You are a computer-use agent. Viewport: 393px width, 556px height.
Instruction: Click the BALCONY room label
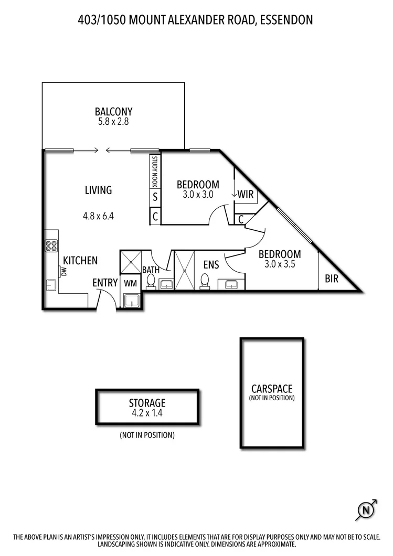113,112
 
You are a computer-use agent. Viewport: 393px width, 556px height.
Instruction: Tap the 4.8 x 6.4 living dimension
98,215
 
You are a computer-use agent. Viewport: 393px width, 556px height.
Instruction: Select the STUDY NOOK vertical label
155,172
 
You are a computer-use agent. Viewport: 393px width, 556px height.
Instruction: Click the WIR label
246,195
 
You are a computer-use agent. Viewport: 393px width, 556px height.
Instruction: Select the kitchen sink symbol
51,285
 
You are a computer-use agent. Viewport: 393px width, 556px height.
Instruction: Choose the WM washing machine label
130,283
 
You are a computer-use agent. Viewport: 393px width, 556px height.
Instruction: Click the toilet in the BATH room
151,282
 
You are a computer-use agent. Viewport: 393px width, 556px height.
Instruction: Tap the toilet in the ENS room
206,281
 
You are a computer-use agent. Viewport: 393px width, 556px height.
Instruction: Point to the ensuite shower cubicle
184,270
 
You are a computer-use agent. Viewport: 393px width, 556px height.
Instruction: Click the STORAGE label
147,403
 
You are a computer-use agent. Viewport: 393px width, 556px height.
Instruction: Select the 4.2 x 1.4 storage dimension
147,413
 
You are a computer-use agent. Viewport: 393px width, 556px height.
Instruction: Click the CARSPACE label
272,389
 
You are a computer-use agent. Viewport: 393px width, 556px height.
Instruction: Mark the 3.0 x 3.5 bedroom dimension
280,264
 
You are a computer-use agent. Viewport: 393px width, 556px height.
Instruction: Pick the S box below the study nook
155,198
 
